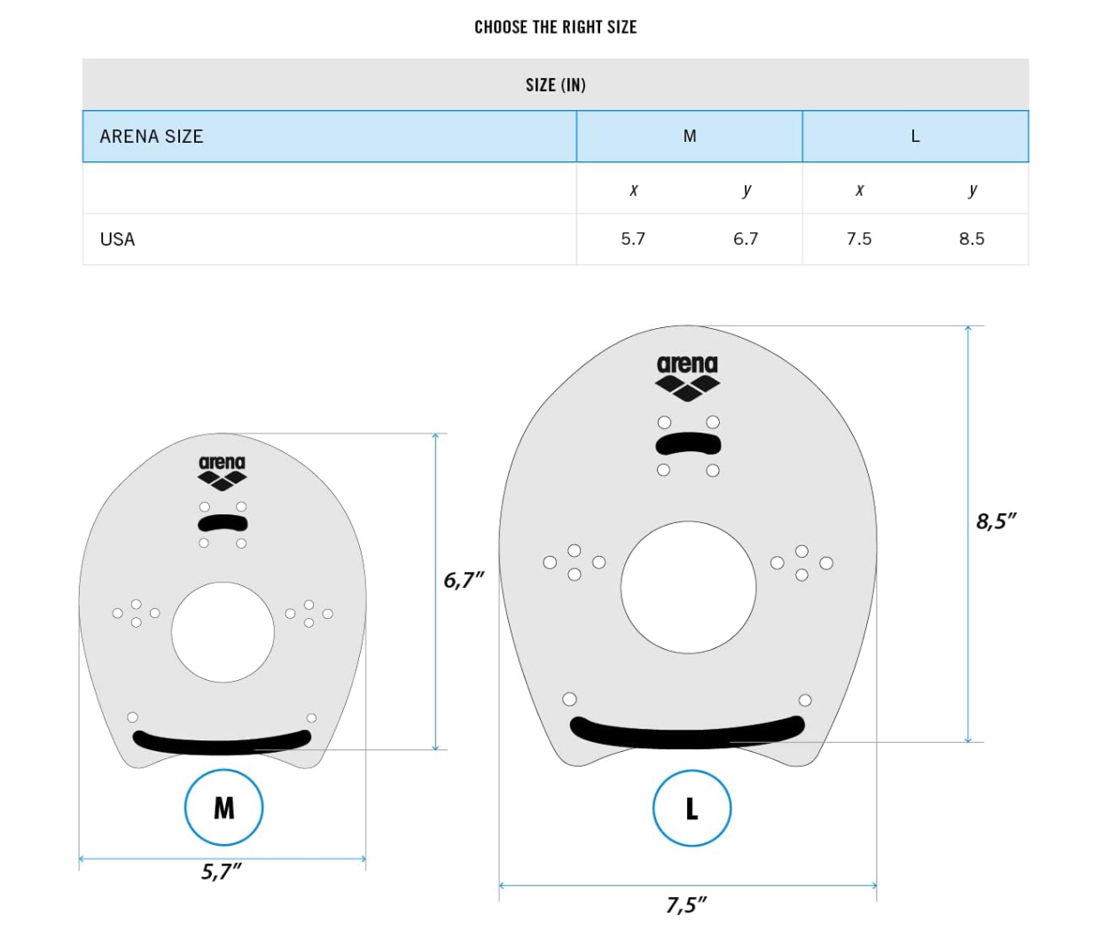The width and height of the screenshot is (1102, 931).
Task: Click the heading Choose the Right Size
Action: (555, 27)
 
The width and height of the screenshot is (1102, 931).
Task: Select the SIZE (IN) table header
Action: (555, 85)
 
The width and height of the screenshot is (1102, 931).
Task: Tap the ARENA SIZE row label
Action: (152, 137)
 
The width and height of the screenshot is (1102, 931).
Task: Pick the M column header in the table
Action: (690, 137)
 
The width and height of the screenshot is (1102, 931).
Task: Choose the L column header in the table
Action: (915, 137)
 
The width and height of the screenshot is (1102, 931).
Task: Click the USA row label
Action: (117, 239)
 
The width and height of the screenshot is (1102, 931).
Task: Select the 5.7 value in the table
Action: (633, 239)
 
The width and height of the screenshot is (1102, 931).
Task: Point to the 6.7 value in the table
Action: (746, 239)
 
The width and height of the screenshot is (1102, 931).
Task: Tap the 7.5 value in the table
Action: (859, 239)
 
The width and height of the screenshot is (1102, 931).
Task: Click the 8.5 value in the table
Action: (972, 239)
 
